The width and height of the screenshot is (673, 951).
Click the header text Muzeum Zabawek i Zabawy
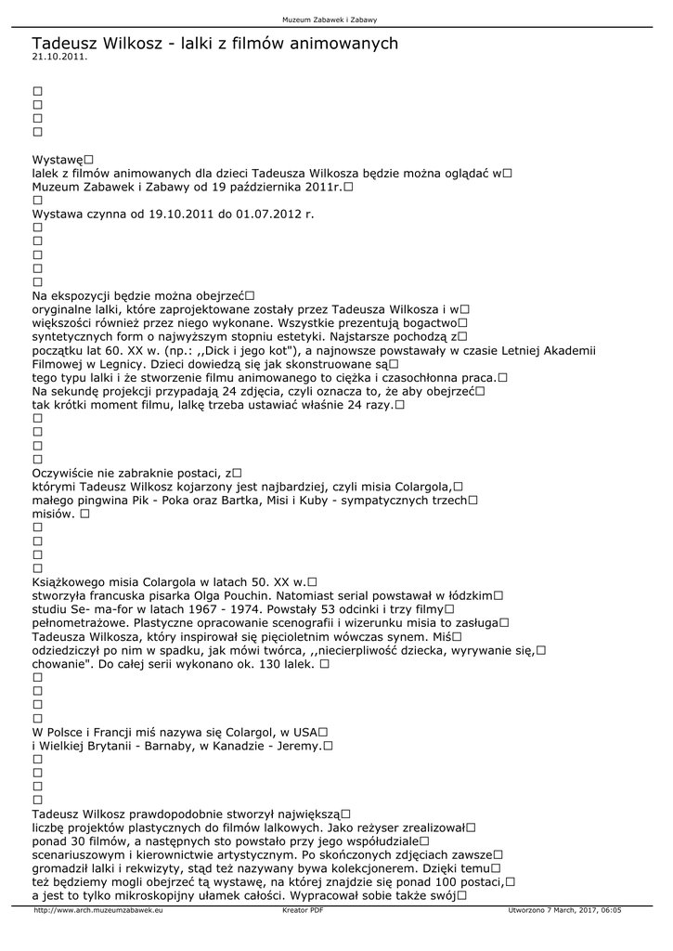(336, 20)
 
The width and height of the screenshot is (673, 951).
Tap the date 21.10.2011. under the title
(59, 57)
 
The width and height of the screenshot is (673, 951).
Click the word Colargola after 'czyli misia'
(421, 486)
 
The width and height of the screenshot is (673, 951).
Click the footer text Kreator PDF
(303, 911)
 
